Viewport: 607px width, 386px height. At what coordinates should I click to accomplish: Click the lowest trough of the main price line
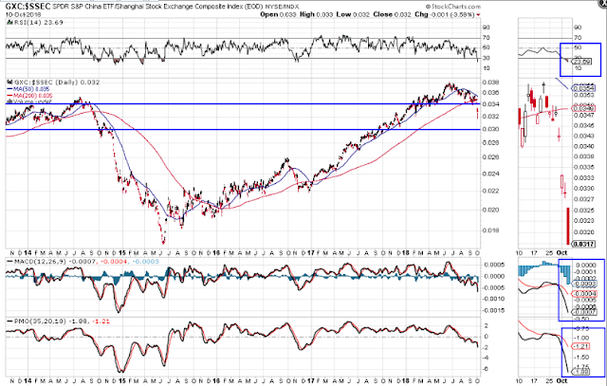coord(163,243)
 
